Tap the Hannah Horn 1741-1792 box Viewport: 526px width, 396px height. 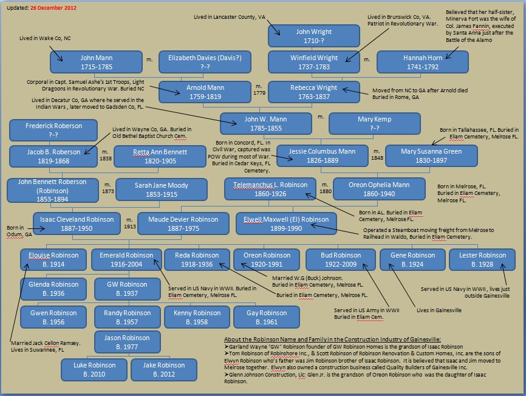pos(423,63)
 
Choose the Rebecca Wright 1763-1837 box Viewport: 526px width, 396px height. pos(313,92)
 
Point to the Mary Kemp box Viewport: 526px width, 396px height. pos(374,123)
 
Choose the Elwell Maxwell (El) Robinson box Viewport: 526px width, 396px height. pos(281,224)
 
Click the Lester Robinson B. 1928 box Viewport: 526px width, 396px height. pos(482,259)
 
